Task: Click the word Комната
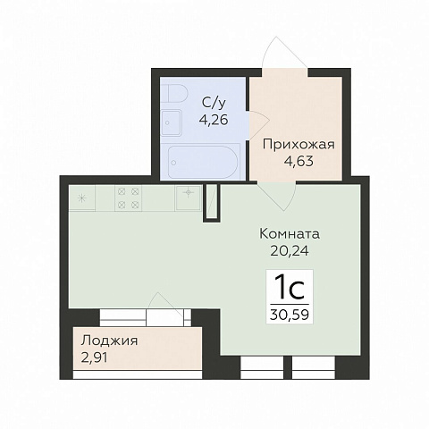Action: coord(290,234)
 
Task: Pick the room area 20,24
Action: coord(290,250)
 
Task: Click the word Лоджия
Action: coord(108,341)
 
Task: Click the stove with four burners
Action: coord(127,198)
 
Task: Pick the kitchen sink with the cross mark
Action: coord(189,192)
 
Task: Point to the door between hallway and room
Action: coord(273,190)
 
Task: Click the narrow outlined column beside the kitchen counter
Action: coord(212,201)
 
